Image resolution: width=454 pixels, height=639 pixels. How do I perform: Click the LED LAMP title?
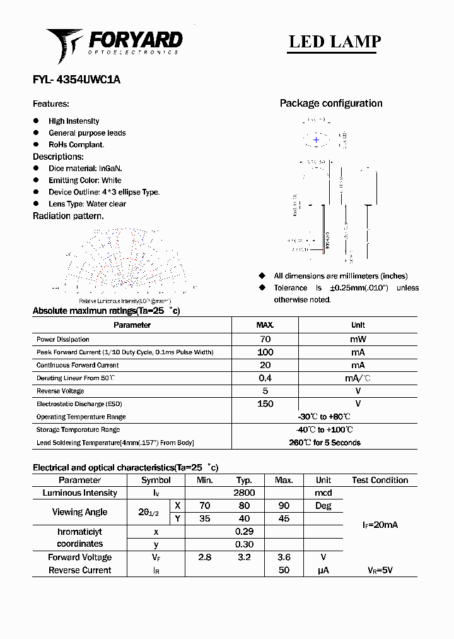pos(334,42)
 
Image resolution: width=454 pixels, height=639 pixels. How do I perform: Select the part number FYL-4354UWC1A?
pos(76,80)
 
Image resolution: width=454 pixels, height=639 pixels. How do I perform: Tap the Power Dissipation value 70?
pos(265,339)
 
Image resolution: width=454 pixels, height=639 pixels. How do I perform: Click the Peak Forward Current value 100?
pos(265,352)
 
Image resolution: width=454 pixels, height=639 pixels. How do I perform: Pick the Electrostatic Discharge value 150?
pos(265,404)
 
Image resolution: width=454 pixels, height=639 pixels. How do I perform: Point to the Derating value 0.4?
pos(265,378)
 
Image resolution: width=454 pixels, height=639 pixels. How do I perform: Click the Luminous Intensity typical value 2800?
pos(244,493)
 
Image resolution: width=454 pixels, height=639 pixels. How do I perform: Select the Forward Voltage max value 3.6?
pos(284,558)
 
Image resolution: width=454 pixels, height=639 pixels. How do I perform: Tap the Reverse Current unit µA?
pos(323,570)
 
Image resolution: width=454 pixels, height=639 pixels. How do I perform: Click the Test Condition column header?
pos(380,480)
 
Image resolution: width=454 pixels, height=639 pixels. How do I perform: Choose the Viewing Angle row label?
pos(79,512)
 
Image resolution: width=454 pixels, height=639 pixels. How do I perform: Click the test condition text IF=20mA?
pos(380,525)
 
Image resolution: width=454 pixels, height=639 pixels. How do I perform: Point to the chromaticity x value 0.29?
pos(244,532)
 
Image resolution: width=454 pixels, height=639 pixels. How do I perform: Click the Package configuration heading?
pos(331,104)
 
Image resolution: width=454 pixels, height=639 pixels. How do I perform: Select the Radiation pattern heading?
pos(68,216)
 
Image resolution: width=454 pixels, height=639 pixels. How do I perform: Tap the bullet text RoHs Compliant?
pos(76,145)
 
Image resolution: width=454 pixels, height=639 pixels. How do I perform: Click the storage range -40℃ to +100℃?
pos(325,430)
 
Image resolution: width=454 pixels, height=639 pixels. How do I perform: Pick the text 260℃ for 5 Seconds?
pos(325,443)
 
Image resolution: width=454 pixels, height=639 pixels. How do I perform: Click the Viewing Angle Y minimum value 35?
pos(204,518)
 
